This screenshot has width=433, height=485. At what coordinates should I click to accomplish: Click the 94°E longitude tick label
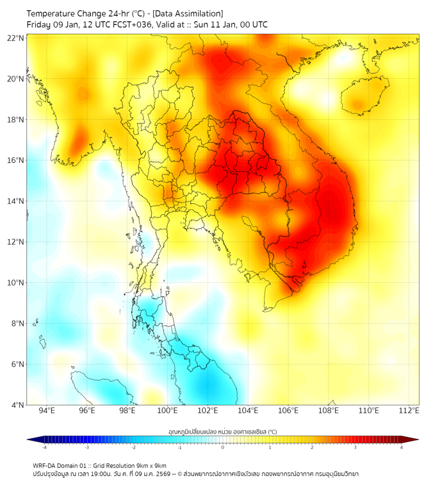47,411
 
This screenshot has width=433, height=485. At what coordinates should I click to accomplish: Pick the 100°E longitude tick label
168,411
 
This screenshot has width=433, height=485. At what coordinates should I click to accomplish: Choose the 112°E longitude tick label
409,411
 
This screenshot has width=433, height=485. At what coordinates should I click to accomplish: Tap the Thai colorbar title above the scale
222,432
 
